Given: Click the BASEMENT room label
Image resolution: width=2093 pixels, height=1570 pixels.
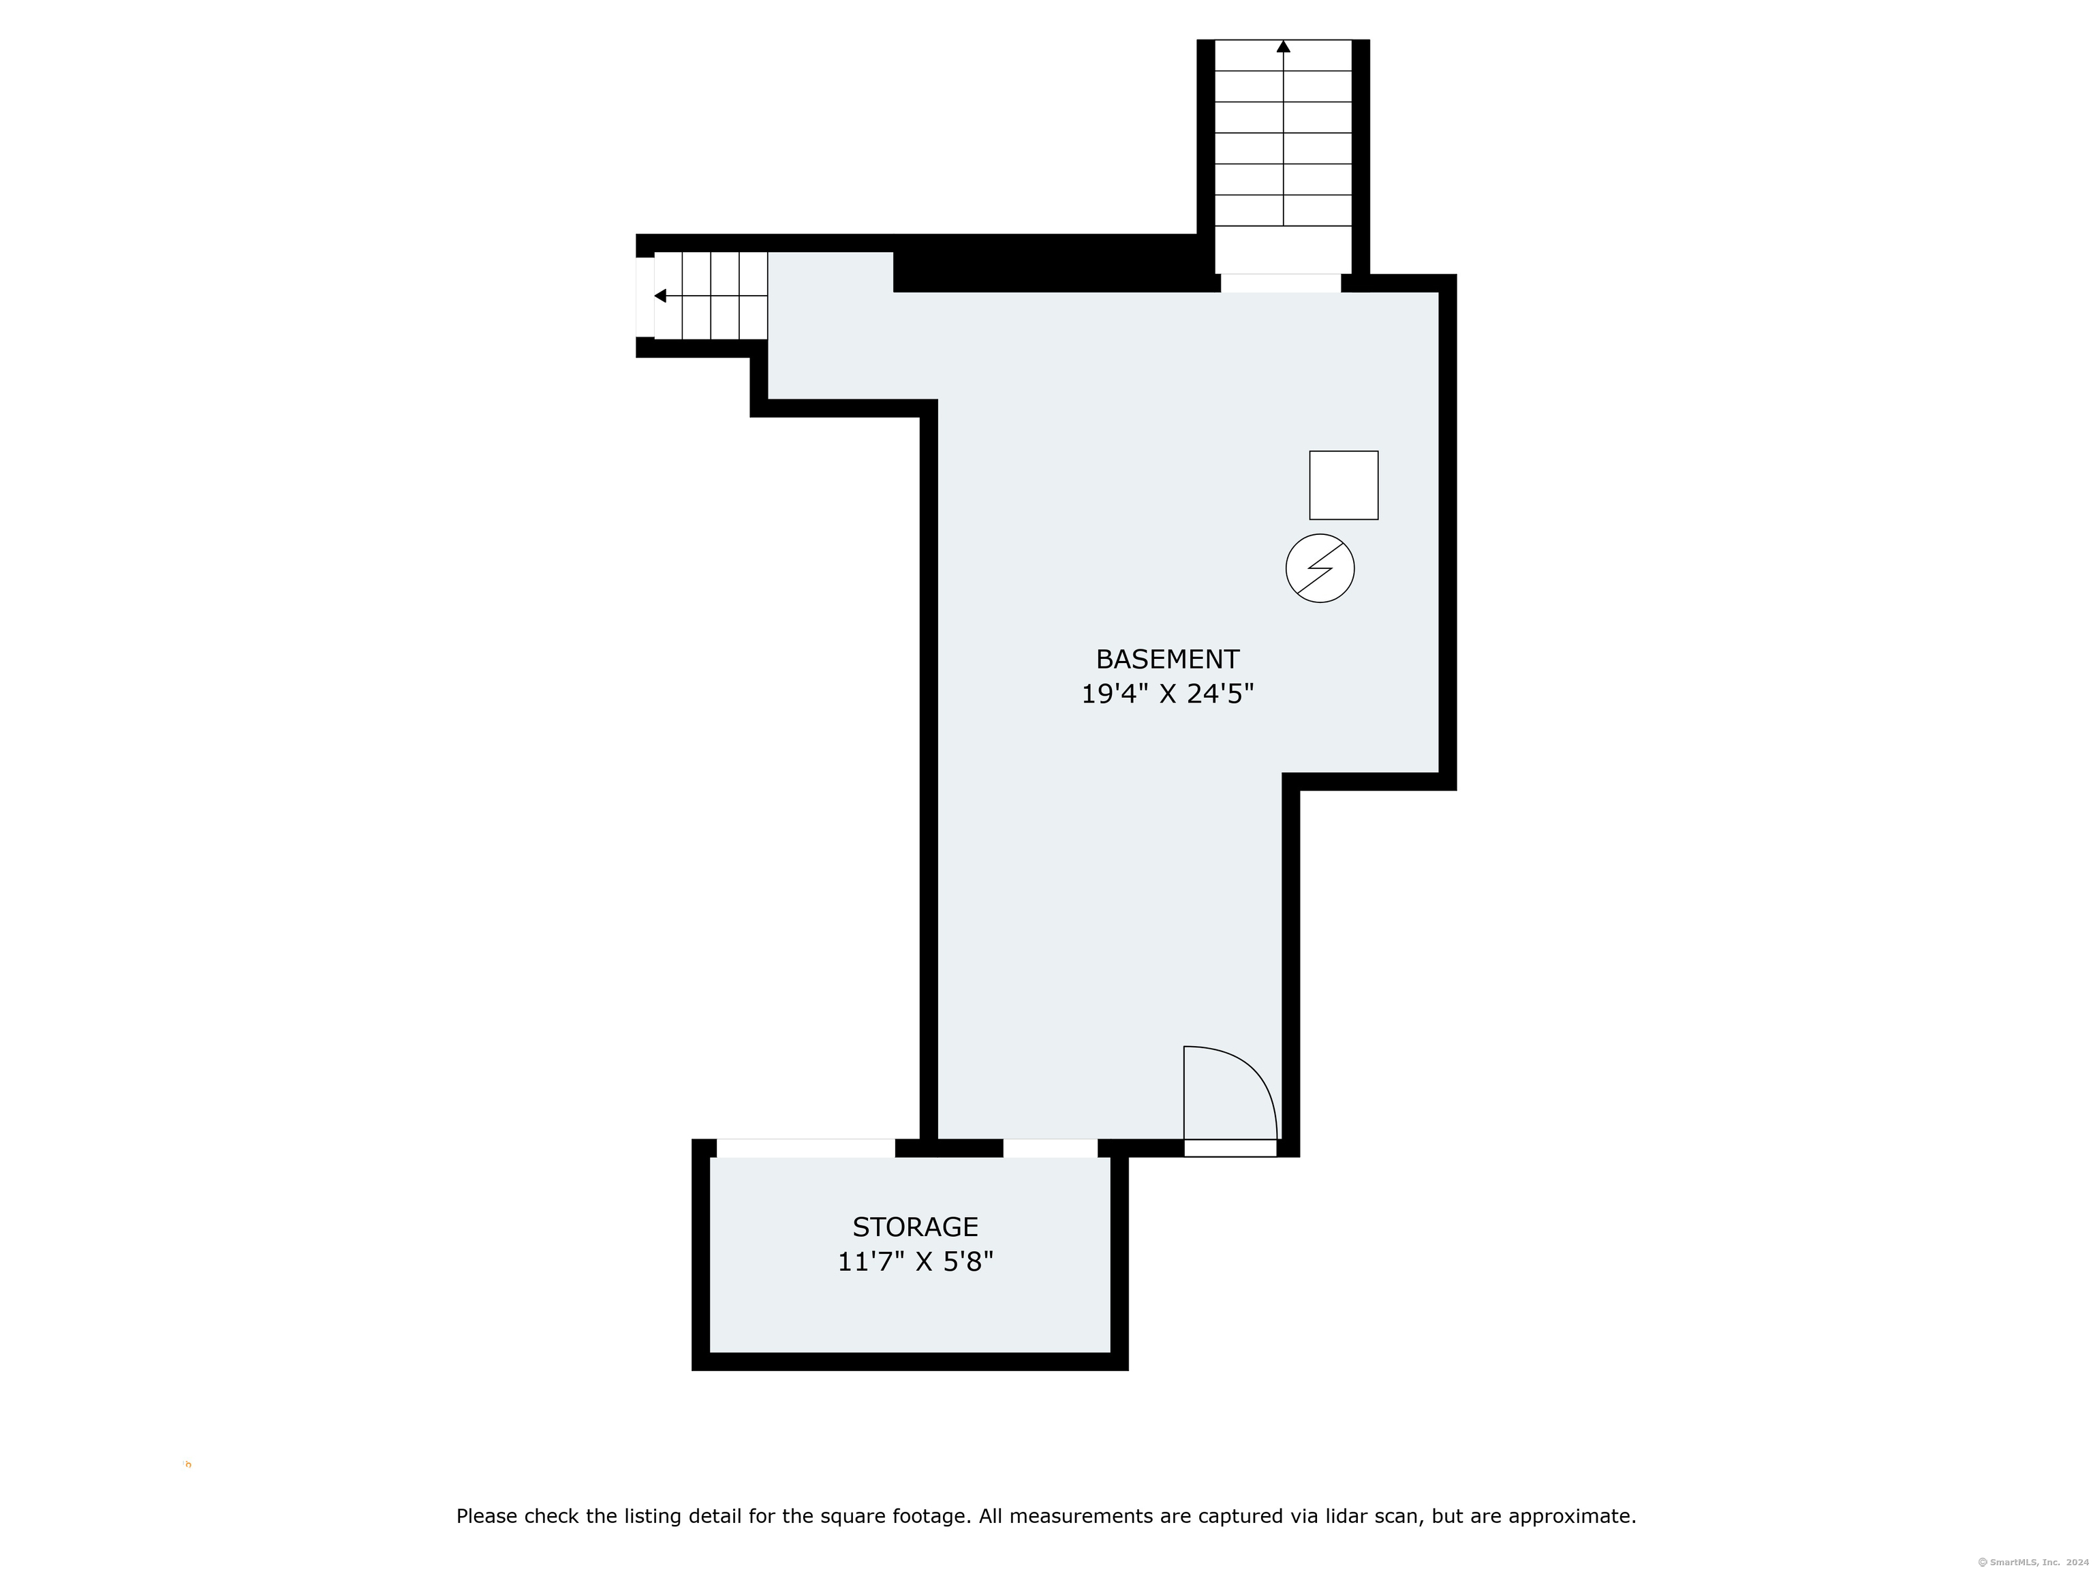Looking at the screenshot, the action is coord(1166,659).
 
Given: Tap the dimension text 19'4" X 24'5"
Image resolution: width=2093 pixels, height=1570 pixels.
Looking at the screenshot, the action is coord(1166,694).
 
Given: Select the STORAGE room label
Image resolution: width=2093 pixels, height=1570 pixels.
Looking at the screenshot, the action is coord(915,1227).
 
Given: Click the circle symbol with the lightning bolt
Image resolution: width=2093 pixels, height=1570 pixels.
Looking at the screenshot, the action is coord(1320,569).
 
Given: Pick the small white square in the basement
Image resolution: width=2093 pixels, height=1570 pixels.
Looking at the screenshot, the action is coord(1344,485).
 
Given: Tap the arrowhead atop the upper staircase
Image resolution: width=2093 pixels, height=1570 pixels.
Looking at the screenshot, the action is coord(1283,46).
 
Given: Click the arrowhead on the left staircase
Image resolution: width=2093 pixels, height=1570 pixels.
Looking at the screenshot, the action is coord(660,296).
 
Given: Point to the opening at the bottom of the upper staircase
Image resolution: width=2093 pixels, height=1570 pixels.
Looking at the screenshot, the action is coord(1280,283).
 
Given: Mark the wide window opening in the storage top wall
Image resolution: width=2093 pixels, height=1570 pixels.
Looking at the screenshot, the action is coord(805,1149).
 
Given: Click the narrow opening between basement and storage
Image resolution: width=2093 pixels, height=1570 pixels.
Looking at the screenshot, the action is coord(1051,1149).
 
